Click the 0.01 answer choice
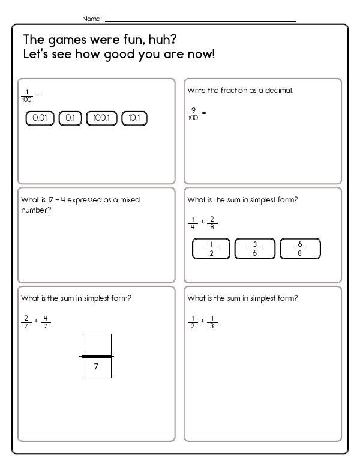[x=40, y=119]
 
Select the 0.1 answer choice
[x=70, y=119]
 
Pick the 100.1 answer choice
[x=102, y=119]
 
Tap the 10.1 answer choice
[x=134, y=119]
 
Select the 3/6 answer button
[x=255, y=249]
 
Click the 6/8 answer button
[x=300, y=249]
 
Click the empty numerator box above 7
[x=97, y=345]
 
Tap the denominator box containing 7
[x=97, y=367]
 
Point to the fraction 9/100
[x=193, y=113]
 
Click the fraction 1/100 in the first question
[x=26, y=95]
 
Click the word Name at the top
[x=91, y=19]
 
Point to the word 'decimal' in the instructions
[x=279, y=91]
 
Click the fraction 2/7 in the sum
[x=26, y=321]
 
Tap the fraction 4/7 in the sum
[x=46, y=321]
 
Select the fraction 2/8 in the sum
[x=212, y=223]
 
